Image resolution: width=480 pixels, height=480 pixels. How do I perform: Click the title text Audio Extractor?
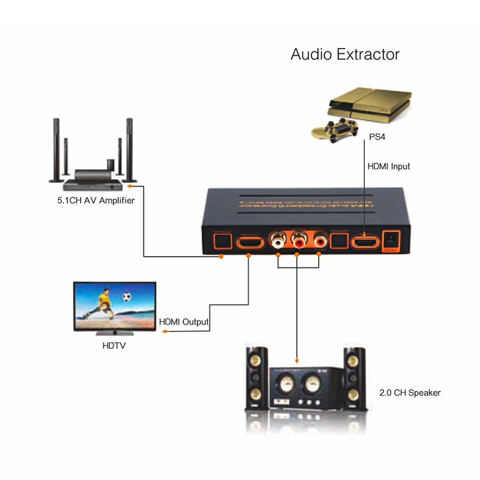(345, 54)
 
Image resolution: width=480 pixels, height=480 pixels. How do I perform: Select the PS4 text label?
(377, 137)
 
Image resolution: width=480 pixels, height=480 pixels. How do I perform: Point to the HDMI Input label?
(389, 167)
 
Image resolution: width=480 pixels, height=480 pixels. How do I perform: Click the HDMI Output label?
(184, 322)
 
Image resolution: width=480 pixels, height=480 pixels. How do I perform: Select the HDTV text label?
(114, 345)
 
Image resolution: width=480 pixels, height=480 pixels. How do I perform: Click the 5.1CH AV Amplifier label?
(96, 200)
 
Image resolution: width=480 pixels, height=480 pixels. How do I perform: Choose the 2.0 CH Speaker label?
(409, 393)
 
